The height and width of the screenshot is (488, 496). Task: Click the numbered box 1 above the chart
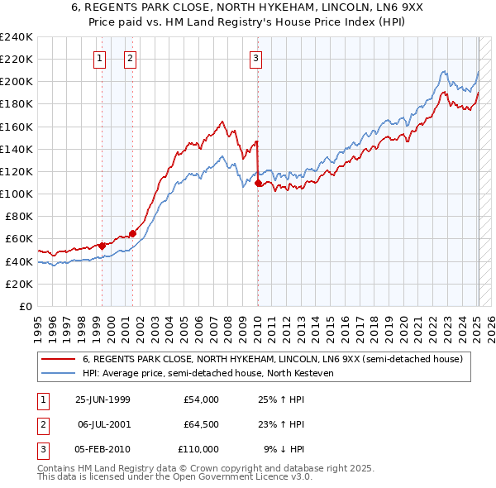99,58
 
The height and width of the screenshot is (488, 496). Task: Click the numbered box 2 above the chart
131,58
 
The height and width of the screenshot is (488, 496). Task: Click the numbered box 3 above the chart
256,58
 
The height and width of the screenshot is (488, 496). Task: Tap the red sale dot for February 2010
258,183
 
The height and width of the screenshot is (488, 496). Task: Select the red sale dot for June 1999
103,245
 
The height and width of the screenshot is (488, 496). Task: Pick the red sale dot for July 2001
132,233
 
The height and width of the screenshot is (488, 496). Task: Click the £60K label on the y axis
19,239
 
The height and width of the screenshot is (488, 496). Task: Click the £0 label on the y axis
25,306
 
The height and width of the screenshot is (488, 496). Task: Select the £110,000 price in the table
198,449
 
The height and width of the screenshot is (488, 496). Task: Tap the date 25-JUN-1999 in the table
103,399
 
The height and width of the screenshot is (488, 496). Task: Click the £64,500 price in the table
201,424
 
